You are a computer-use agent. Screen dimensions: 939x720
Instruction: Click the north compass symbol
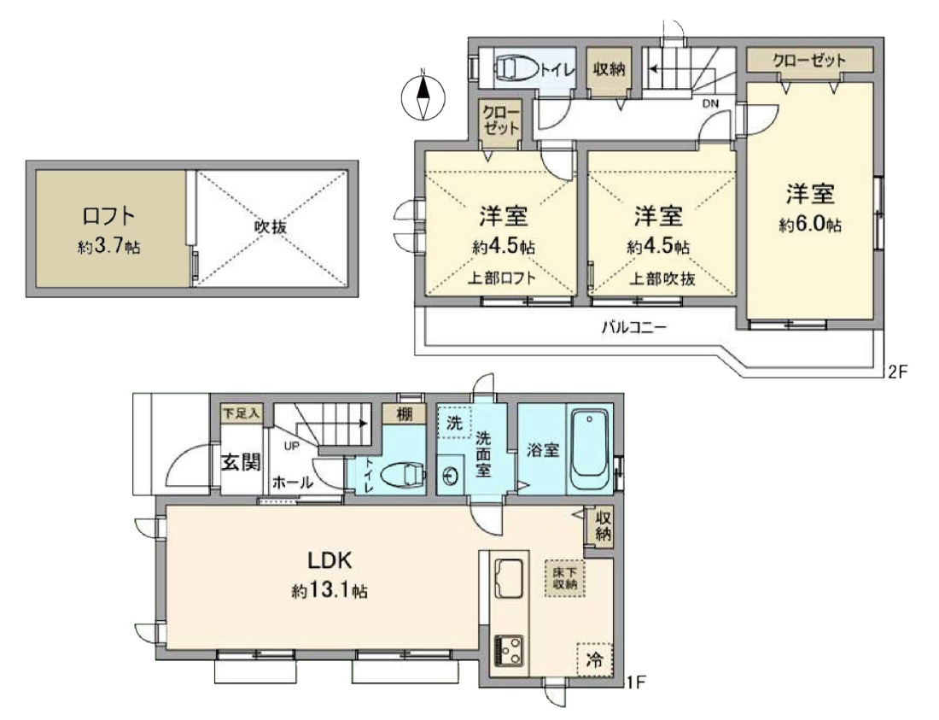pyautogui.click(x=423, y=97)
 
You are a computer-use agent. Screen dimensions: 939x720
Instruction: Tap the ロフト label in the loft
pyautogui.click(x=108, y=215)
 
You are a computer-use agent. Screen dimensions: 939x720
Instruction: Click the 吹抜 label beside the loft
pyautogui.click(x=271, y=227)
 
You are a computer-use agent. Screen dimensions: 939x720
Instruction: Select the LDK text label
pyautogui.click(x=330, y=560)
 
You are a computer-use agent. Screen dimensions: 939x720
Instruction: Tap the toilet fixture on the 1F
pyautogui.click(x=404, y=475)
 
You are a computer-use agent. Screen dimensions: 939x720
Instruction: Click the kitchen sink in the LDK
pyautogui.click(x=509, y=578)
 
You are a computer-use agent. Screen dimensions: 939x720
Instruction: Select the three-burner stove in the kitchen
pyautogui.click(x=509, y=651)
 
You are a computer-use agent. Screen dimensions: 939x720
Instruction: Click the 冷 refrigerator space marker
pyautogui.click(x=595, y=659)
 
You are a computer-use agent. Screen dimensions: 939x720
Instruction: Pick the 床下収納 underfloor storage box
pyautogui.click(x=565, y=578)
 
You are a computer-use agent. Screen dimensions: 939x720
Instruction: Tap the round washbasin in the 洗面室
pyautogui.click(x=451, y=477)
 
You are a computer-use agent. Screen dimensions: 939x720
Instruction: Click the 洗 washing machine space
pyautogui.click(x=454, y=423)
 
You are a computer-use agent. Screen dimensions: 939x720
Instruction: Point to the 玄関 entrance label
pyautogui.click(x=242, y=462)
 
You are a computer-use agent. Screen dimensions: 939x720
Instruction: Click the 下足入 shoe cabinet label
pyautogui.click(x=242, y=413)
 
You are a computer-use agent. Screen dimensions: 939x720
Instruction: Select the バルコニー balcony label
pyautogui.click(x=634, y=328)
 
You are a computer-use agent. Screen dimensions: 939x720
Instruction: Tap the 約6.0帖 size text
pyautogui.click(x=810, y=225)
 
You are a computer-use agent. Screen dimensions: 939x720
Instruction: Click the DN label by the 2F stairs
pyautogui.click(x=710, y=103)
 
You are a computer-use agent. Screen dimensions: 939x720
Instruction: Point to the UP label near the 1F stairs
pyautogui.click(x=292, y=446)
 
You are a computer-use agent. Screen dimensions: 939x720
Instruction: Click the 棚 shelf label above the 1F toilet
pyautogui.click(x=405, y=413)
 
